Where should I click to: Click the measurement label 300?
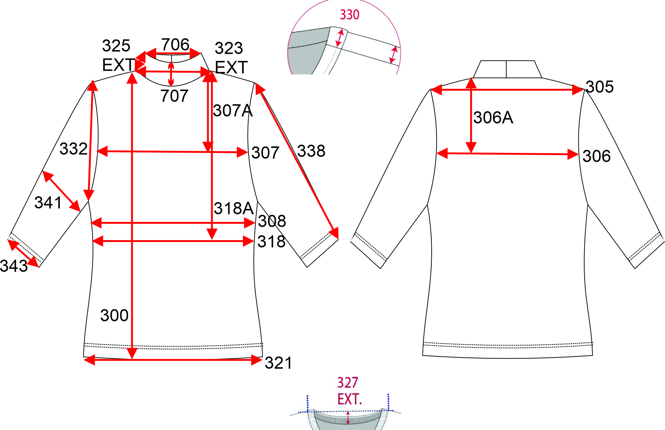tap(115, 315)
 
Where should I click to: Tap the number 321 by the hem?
tap(278, 363)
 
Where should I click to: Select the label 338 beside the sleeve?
tap(311, 151)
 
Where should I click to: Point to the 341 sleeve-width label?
tap(48, 203)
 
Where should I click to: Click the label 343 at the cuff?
tap(14, 266)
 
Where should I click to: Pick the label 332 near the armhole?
tap(73, 149)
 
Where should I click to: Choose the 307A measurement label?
tap(233, 111)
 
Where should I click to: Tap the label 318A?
tap(234, 208)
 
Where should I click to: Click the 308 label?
tap(272, 221)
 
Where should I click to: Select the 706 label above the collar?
tap(175, 45)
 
